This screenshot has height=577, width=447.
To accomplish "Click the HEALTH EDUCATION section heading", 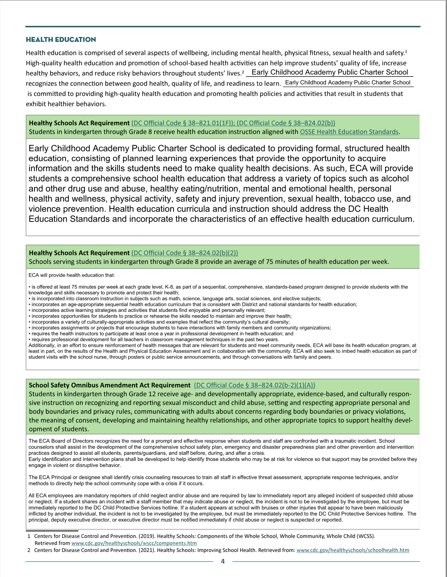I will pos(61,40).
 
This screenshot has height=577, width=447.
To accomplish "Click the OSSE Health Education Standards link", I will pos(349,132).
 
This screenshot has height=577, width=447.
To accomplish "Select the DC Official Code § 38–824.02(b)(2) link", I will pos(185,253).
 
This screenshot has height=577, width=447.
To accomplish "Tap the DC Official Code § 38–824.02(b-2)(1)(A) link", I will pos(254,385).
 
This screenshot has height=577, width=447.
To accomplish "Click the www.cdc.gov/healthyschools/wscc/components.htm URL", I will pos(134,543).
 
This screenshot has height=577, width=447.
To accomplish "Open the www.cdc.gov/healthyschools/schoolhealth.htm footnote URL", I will pos(353,550).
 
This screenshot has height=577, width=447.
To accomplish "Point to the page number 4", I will pos(223,561).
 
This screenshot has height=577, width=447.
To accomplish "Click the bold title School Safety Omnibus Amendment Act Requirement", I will pos(109,385).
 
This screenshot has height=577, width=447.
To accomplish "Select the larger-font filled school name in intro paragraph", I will pos(330,72).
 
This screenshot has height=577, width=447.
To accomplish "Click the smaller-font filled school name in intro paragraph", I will pos(348,82).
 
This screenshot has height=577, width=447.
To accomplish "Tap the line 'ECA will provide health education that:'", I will pos(72,275).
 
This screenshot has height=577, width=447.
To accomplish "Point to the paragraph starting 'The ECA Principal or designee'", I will pos(213,480).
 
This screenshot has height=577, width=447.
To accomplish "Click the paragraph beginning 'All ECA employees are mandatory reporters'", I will pos(221,507).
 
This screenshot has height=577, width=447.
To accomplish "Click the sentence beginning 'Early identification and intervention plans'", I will pos(221,462).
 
